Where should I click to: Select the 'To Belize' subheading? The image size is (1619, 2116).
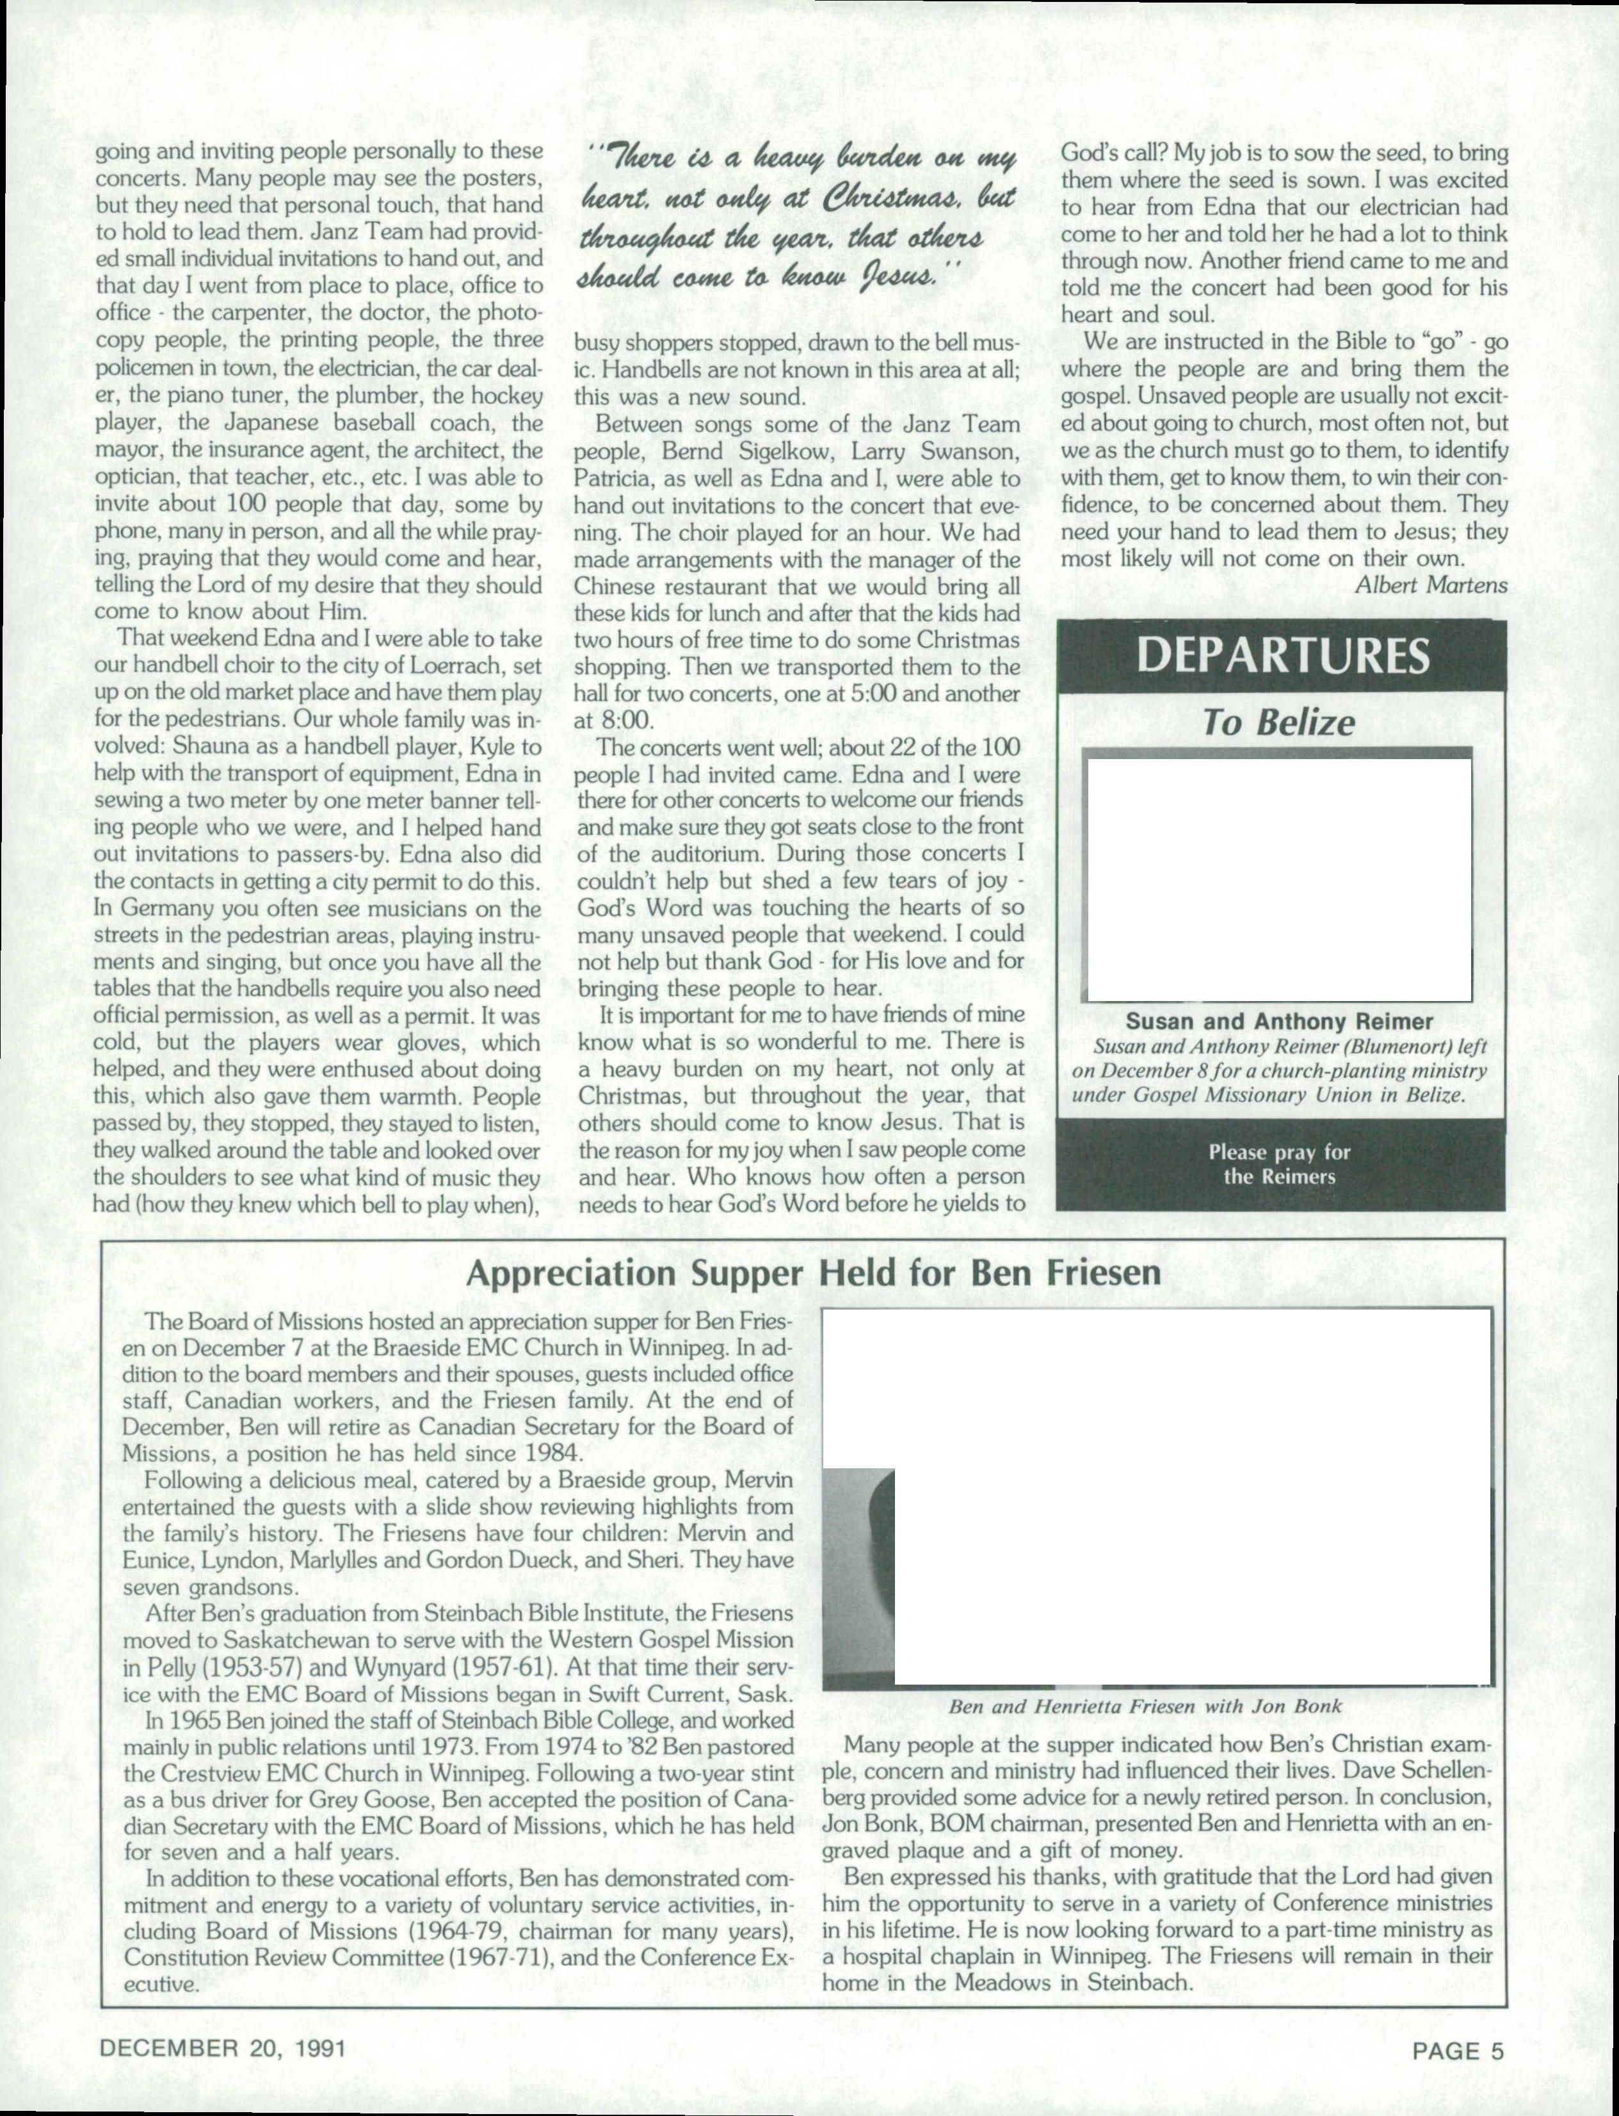point(1279,724)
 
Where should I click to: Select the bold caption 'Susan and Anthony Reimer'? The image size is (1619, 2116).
point(1280,1022)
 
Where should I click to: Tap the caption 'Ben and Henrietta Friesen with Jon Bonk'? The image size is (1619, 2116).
point(1145,1706)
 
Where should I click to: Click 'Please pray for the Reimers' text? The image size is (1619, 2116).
point(1279,1164)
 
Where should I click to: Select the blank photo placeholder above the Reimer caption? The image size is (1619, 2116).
point(1279,879)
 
